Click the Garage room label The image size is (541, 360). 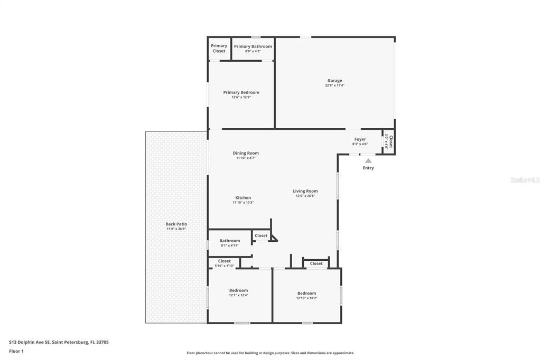pos(334,81)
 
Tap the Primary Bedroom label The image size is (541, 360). pos(241,92)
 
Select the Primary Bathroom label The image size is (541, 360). pos(253,46)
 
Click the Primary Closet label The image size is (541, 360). pos(219,48)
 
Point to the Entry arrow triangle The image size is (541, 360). pos(368,160)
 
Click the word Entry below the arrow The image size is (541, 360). pos(368,168)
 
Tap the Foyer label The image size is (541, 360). pos(360,139)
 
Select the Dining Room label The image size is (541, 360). pos(246,153)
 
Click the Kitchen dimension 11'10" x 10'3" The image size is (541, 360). pos(243,203)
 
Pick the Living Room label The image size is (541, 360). pos(305,191)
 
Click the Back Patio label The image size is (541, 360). pos(176,224)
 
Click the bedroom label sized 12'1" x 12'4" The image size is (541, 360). pos(238,290)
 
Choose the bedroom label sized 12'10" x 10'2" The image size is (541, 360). pos(306,293)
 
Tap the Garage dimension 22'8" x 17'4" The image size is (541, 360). pos(334,86)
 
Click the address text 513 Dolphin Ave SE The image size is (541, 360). pos(30,342)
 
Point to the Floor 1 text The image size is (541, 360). pos(16,351)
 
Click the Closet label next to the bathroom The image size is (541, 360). pos(261,235)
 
